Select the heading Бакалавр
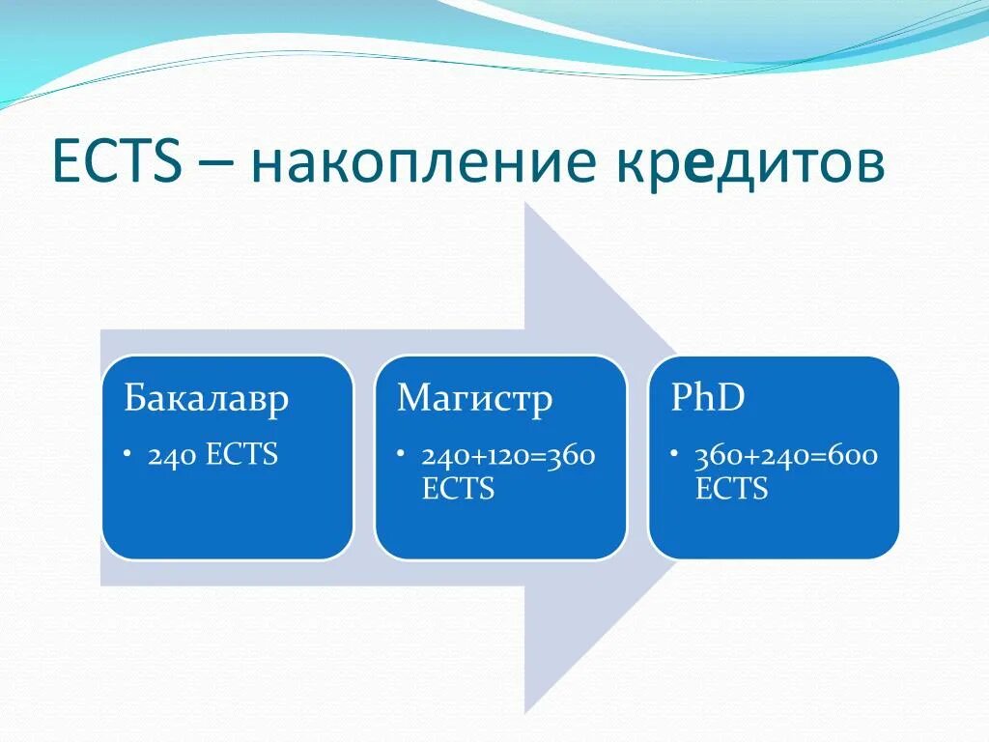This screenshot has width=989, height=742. pyautogui.click(x=207, y=399)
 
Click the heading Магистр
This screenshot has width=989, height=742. pyautogui.click(x=475, y=399)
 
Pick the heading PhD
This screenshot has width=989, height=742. pyautogui.click(x=708, y=396)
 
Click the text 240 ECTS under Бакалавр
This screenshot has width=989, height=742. pyautogui.click(x=212, y=454)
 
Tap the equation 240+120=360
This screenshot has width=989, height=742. pyautogui.click(x=508, y=456)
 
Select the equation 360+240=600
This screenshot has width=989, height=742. pyautogui.click(x=786, y=456)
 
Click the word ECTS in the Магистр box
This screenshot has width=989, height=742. pyautogui.click(x=458, y=488)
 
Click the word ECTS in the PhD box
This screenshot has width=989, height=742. pyautogui.click(x=732, y=488)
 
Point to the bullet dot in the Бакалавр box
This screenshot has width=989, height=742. pyautogui.click(x=128, y=452)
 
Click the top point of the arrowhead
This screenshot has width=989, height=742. pyautogui.click(x=524, y=203)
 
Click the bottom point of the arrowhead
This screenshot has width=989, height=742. pyautogui.click(x=524, y=714)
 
